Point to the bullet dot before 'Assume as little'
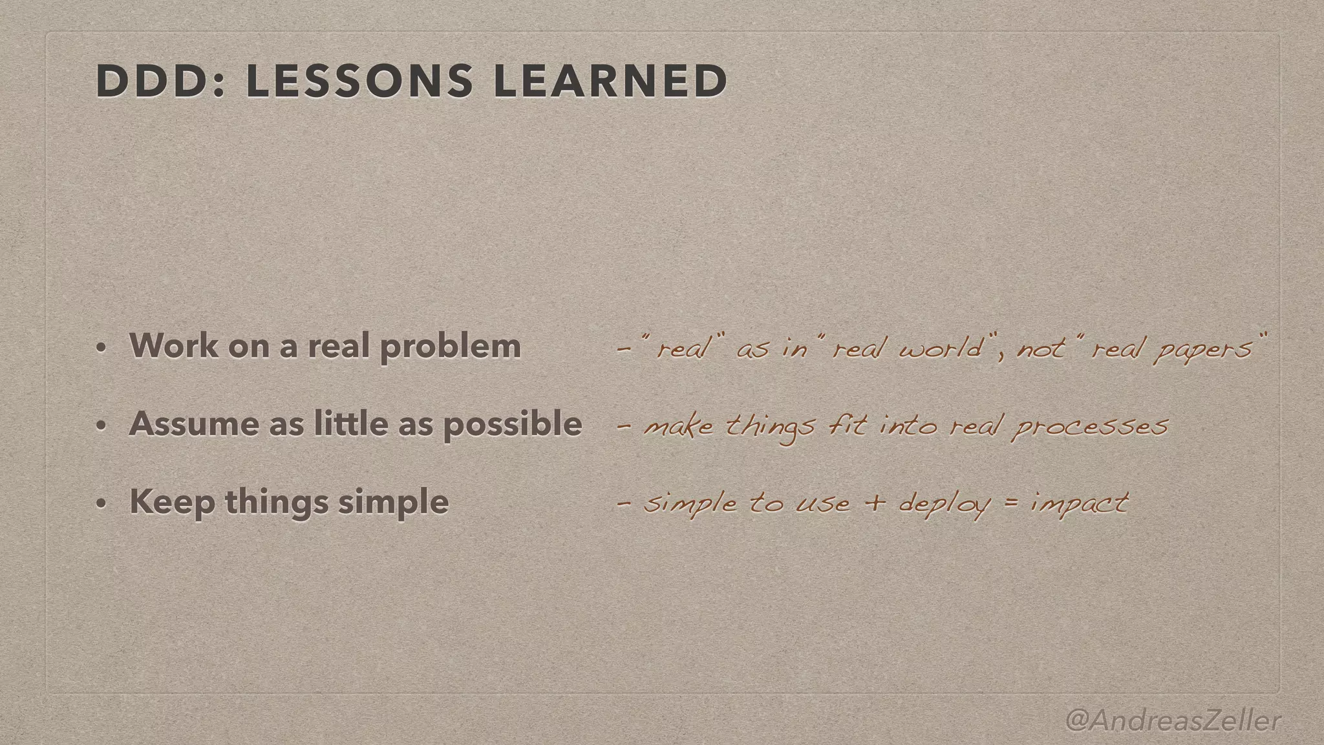[100, 426]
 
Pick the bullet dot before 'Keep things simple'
[100, 504]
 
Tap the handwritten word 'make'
[679, 427]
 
